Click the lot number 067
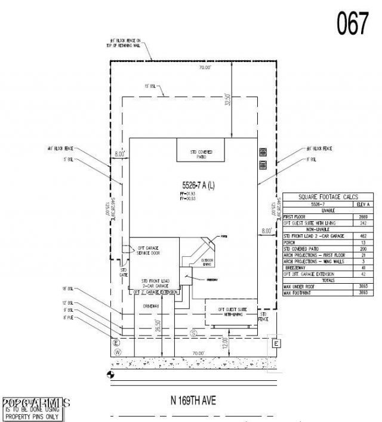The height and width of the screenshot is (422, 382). [x=353, y=24]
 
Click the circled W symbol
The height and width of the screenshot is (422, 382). [x=118, y=352]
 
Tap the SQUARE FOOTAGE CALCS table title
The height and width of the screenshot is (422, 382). [x=327, y=197]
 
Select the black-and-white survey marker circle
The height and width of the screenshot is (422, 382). [x=110, y=374]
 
